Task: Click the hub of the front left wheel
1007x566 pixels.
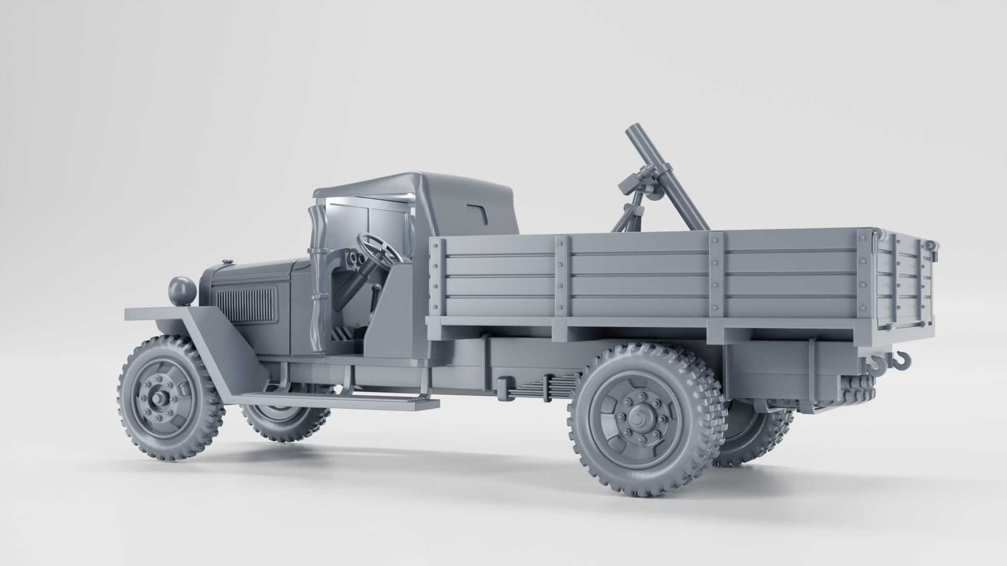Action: [x=158, y=400]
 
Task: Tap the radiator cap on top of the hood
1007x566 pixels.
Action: [x=227, y=262]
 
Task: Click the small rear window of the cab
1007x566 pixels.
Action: [x=478, y=213]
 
